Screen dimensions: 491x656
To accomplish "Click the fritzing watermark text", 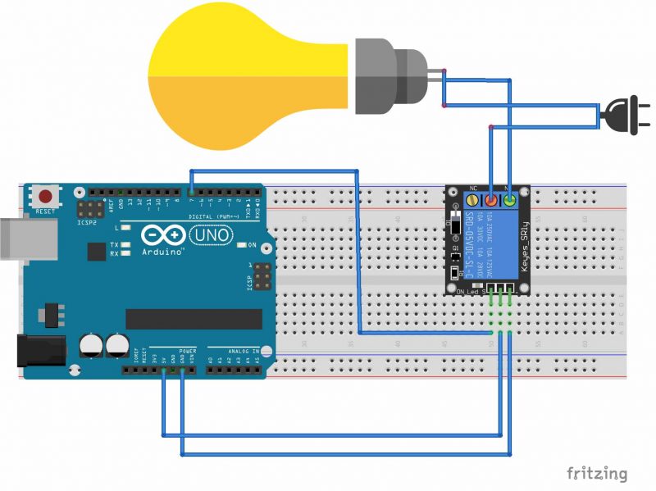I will click(x=597, y=473).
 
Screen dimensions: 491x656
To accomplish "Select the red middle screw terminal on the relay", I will click(x=491, y=201).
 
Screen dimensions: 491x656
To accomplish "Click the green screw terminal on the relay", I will click(x=510, y=201).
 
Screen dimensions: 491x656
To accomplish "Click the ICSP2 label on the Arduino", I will click(x=85, y=222).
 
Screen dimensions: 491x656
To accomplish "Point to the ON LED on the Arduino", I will click(x=243, y=245).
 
